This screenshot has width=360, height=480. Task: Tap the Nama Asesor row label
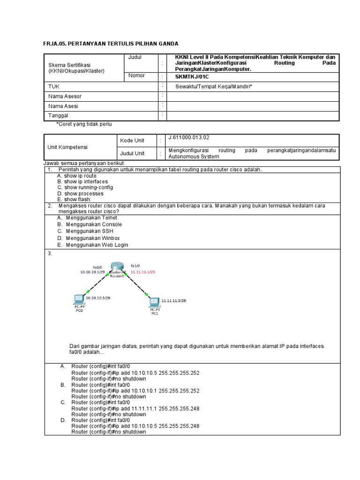coord(65,96)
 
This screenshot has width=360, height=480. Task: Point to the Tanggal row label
coord(58,115)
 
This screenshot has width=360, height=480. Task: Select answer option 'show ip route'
coord(80,175)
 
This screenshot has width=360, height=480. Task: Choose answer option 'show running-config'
coord(89,187)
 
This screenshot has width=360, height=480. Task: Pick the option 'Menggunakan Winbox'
coord(93,238)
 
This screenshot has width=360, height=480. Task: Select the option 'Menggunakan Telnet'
coord(91,217)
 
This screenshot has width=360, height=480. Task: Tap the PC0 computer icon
coord(79,300)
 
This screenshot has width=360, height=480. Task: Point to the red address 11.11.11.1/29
coord(142,271)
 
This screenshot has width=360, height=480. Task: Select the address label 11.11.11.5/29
coord(173,300)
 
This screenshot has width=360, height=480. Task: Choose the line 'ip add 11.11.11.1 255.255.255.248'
coord(135,408)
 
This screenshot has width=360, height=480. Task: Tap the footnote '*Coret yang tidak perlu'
coord(84,124)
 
